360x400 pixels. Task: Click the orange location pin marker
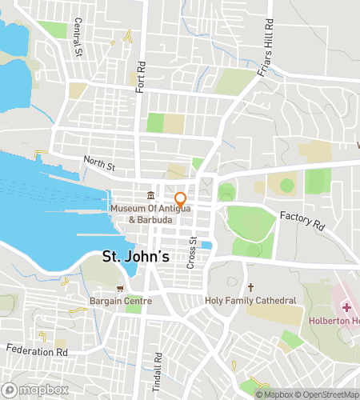point(181,199)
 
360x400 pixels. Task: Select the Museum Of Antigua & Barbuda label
point(150,215)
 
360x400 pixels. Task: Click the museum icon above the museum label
point(150,197)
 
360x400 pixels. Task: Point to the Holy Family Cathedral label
point(250,301)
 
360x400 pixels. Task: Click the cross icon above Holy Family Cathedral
point(250,287)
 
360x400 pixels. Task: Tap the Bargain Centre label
point(121,301)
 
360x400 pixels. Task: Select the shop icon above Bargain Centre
point(121,288)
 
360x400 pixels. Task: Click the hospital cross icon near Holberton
point(346,306)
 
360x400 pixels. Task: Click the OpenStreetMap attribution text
point(329,394)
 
